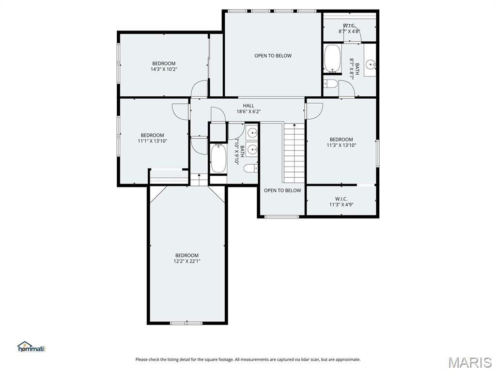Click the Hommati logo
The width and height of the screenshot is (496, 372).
pyautogui.click(x=31, y=347)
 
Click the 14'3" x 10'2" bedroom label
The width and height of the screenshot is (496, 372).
pyautogui.click(x=164, y=66)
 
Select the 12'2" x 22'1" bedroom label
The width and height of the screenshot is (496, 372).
pyautogui.click(x=187, y=258)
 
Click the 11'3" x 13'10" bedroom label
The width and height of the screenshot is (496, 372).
pyautogui.click(x=341, y=142)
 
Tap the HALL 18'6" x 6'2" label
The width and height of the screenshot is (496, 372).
pyautogui.click(x=248, y=108)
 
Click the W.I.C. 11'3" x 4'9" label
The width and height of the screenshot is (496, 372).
pyautogui.click(x=341, y=201)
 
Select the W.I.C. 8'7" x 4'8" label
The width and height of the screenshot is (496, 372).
pyautogui.click(x=349, y=28)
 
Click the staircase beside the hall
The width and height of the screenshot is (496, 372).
pyautogui.click(x=294, y=153)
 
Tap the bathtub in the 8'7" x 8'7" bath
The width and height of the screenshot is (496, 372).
pyautogui.click(x=332, y=59)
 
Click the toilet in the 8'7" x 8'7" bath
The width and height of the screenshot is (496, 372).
pyautogui.click(x=331, y=84)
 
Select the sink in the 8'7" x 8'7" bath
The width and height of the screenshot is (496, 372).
pyautogui.click(x=370, y=63)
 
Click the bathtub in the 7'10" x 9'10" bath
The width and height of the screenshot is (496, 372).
pyautogui.click(x=218, y=158)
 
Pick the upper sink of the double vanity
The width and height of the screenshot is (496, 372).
pyautogui.click(x=252, y=132)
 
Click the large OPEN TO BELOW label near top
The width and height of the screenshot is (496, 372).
pyautogui.click(x=273, y=56)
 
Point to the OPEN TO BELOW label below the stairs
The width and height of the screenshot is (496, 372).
pyautogui.click(x=282, y=190)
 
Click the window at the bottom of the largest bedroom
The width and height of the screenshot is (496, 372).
pyautogui.click(x=186, y=323)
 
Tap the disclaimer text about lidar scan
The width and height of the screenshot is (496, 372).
pyautogui.click(x=248, y=359)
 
